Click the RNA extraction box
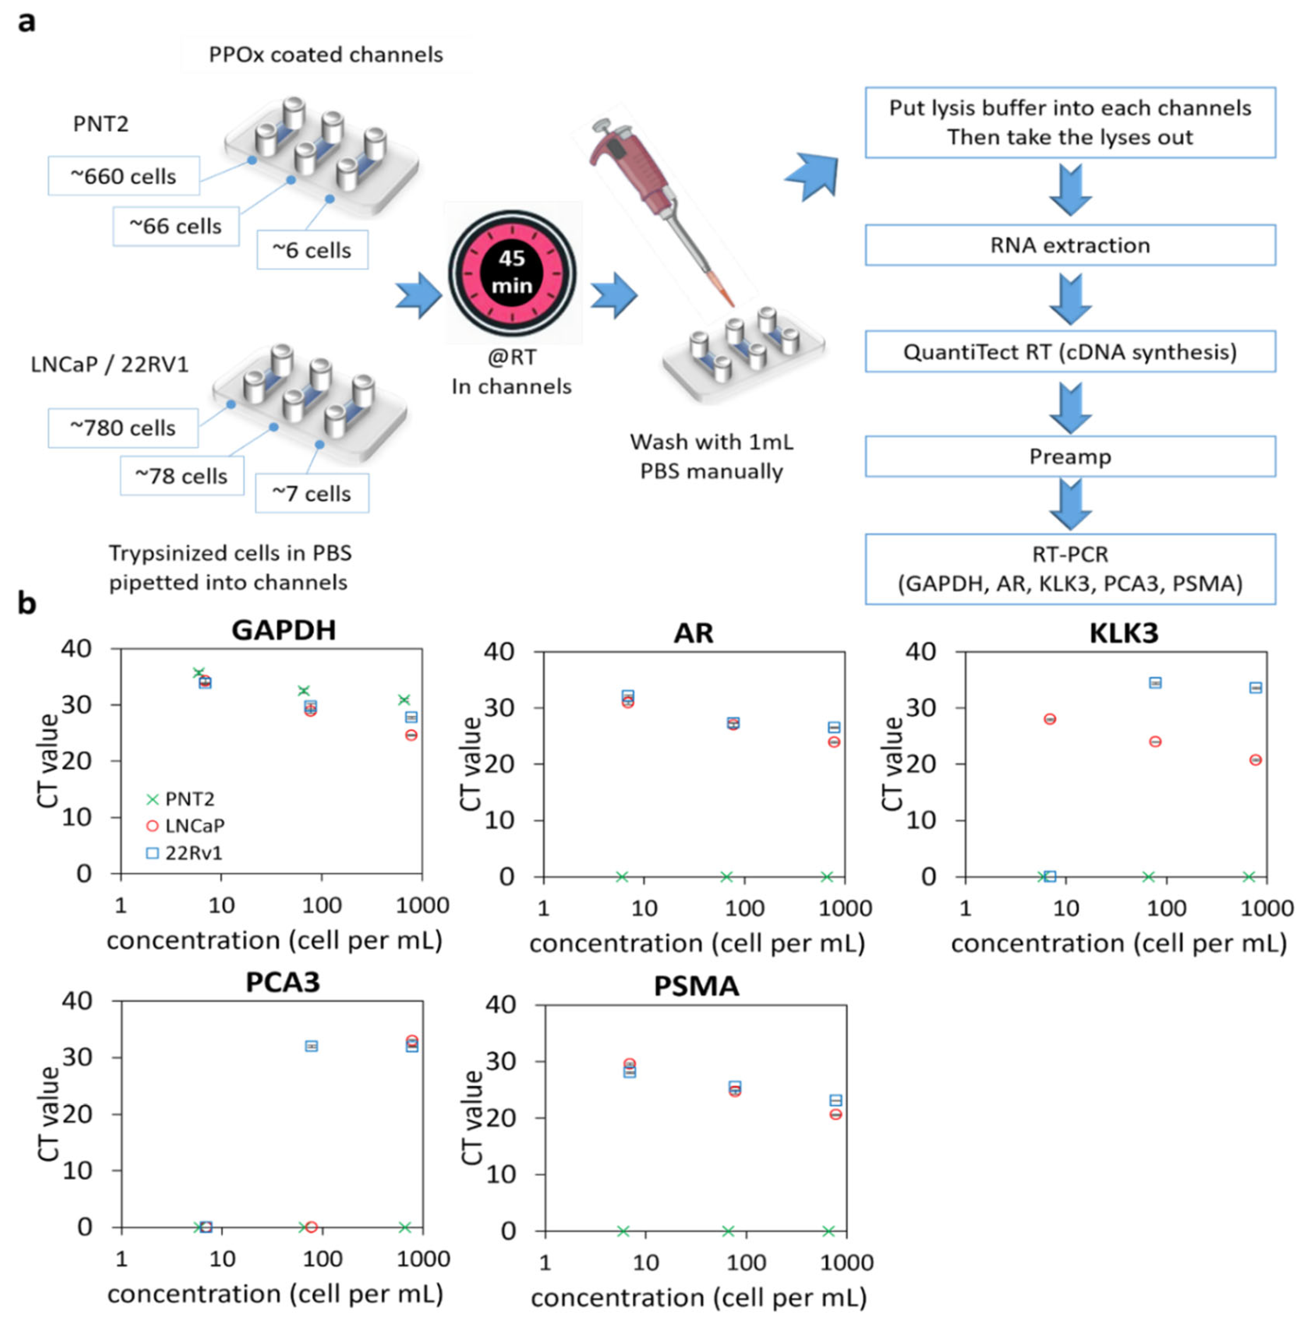pyautogui.click(x=1070, y=245)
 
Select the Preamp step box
pyautogui.click(x=1070, y=456)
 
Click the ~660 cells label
pyautogui.click(x=123, y=176)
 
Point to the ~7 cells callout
pyautogui.click(x=312, y=493)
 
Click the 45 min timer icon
pyautogui.click(x=512, y=273)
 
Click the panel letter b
pyautogui.click(x=27, y=604)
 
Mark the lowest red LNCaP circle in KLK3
pyautogui.click(x=1256, y=760)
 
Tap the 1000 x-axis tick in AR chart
pyautogui.click(x=845, y=908)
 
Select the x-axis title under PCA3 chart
pyautogui.click(x=275, y=1294)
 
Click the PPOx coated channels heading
pyautogui.click(x=326, y=55)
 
